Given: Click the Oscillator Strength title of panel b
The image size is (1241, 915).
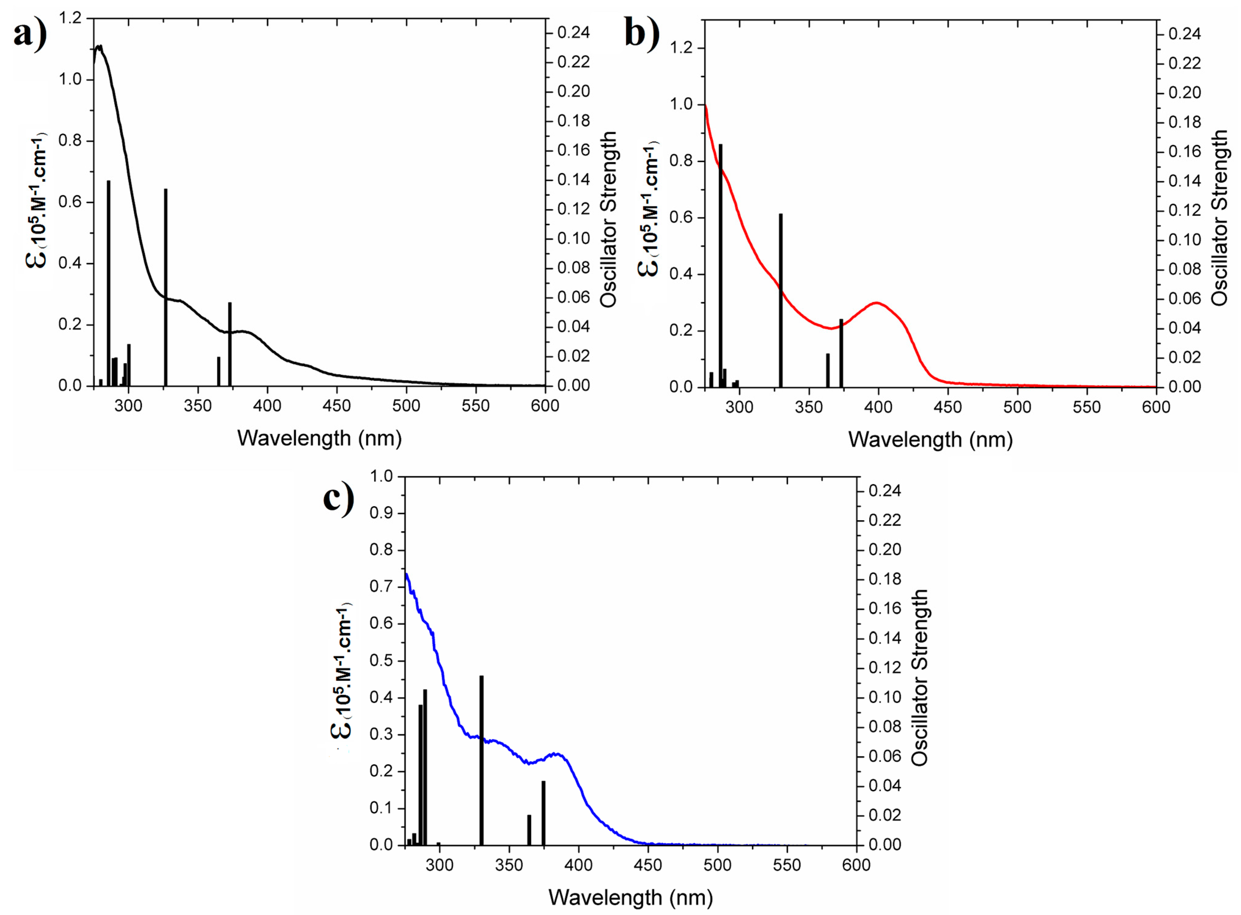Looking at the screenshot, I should pyautogui.click(x=1219, y=218).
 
